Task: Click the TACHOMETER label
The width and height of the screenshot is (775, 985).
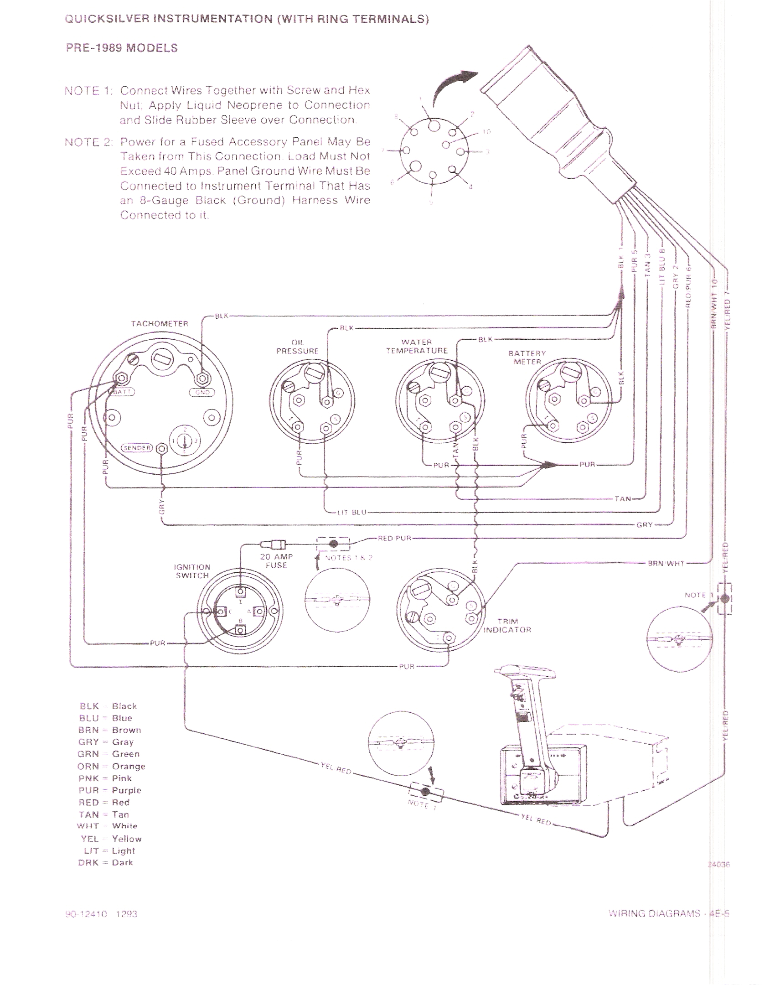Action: [x=160, y=324]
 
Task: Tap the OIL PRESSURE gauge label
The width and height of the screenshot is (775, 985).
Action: [x=297, y=347]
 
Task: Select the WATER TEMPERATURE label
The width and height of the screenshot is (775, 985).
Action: [x=417, y=346]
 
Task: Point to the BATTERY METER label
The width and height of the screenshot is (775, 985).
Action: [x=527, y=358]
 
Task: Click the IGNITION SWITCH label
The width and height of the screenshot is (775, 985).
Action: [x=192, y=571]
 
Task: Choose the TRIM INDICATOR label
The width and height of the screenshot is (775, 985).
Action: [x=507, y=625]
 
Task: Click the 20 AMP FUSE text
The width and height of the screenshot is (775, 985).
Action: [x=276, y=561]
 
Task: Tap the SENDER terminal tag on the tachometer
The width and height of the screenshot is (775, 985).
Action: [x=136, y=448]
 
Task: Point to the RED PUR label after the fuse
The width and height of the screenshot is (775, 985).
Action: [x=394, y=538]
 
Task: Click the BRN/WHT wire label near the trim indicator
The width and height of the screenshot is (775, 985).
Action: [x=666, y=564]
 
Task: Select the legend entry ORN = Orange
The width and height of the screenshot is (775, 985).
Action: [x=111, y=766]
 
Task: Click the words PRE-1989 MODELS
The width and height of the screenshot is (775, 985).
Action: [x=122, y=48]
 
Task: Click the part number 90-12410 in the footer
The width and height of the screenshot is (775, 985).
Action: [x=86, y=914]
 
